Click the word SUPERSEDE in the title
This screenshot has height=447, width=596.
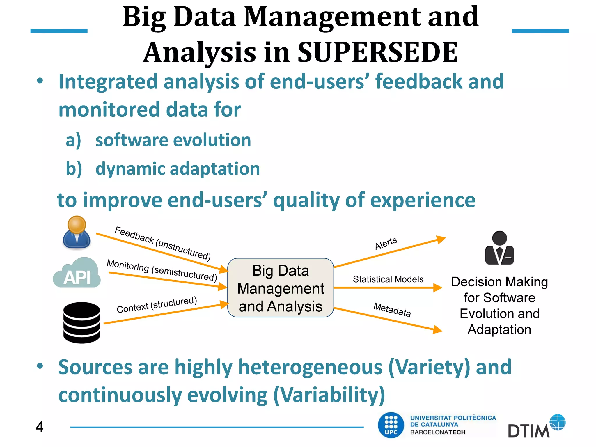[377, 52]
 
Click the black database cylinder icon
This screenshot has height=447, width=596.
[81, 322]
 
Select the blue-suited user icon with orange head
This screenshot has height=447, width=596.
[77, 233]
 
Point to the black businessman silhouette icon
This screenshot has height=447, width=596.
[499, 248]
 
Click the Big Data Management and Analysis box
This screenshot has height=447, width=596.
[280, 288]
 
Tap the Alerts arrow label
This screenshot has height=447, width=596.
[386, 243]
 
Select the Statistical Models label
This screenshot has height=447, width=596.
[388, 279]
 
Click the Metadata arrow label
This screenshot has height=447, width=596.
[392, 310]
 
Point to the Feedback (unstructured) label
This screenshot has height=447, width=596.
[163, 243]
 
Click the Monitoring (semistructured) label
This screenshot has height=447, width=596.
[162, 270]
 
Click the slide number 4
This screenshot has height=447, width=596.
[39, 427]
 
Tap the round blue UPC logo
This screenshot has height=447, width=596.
[391, 425]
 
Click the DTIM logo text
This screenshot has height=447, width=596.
[528, 431]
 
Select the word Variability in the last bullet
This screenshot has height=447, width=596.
[329, 395]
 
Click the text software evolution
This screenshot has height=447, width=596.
[173, 140]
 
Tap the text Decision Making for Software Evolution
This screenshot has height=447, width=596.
[499, 297]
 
